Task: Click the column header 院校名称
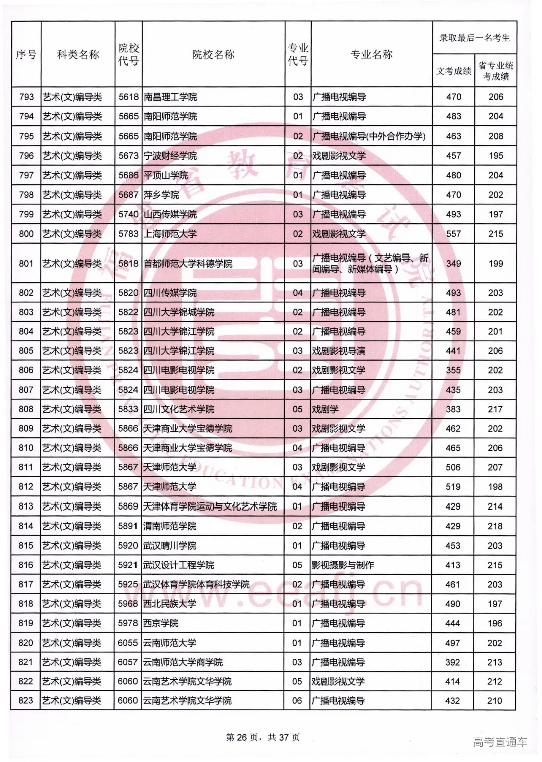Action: (213, 54)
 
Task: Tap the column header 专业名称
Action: (371, 54)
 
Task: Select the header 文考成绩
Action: (454, 71)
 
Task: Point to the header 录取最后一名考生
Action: (474, 38)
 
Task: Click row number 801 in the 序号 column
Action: (26, 263)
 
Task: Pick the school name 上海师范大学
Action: (170, 234)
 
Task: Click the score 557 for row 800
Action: (453, 234)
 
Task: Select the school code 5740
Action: (128, 214)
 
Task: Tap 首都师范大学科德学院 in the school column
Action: (188, 263)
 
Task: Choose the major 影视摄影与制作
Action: (343, 565)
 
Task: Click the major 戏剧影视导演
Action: (339, 351)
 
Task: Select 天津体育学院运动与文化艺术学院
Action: (210, 506)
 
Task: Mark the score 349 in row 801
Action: (453, 263)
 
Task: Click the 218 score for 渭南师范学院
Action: (495, 526)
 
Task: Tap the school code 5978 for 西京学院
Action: (128, 623)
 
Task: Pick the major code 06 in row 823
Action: (297, 701)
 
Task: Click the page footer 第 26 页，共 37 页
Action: (263, 737)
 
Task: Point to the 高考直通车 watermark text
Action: (500, 742)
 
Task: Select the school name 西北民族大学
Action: (170, 604)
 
